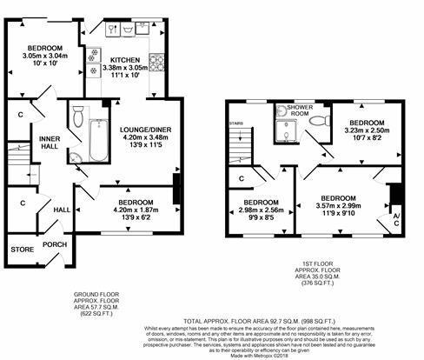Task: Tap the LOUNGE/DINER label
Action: tap(141, 127)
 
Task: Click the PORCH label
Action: tap(55, 244)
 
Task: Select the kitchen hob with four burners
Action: tap(158, 63)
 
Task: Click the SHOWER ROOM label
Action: tap(288, 110)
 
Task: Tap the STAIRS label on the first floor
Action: tap(235, 124)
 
